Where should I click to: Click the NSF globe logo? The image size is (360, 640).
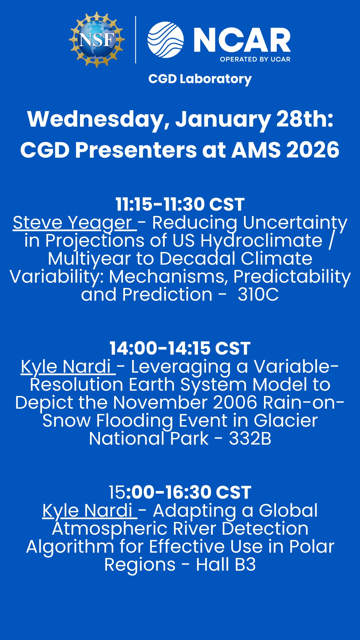pos(97,40)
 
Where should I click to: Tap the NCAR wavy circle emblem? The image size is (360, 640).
pos(166,40)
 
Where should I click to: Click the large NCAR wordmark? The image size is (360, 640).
pos(242,40)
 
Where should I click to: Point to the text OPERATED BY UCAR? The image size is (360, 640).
pos(255,59)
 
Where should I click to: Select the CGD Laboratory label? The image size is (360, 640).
pos(200,79)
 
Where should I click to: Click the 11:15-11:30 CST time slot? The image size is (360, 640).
pos(180,204)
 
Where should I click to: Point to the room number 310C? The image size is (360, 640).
pos(258,295)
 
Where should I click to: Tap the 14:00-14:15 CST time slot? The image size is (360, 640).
pos(180,348)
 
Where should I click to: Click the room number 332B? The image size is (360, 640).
pos(250,439)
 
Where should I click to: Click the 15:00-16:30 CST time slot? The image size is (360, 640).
pos(180,492)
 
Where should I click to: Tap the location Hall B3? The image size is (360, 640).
pos(226,565)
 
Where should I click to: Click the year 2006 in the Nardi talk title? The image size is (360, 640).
pos(235,403)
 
